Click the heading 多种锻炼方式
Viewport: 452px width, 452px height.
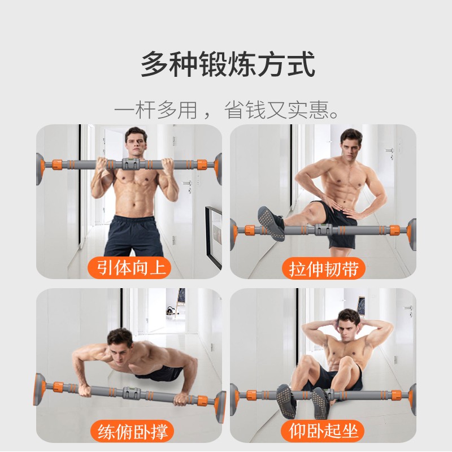(228, 64)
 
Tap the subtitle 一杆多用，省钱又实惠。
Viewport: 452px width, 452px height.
(227, 110)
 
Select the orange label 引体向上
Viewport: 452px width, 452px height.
(130, 267)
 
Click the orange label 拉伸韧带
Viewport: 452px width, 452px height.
(323, 269)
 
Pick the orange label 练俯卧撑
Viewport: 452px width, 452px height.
(132, 432)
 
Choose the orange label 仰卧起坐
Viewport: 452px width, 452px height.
(323, 431)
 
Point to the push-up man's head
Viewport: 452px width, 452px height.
(120, 343)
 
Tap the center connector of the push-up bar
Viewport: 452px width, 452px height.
(131, 393)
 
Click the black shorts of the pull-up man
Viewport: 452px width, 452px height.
(134, 236)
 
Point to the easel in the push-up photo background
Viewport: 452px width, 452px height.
(181, 302)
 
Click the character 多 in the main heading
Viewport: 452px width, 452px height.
(155, 64)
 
